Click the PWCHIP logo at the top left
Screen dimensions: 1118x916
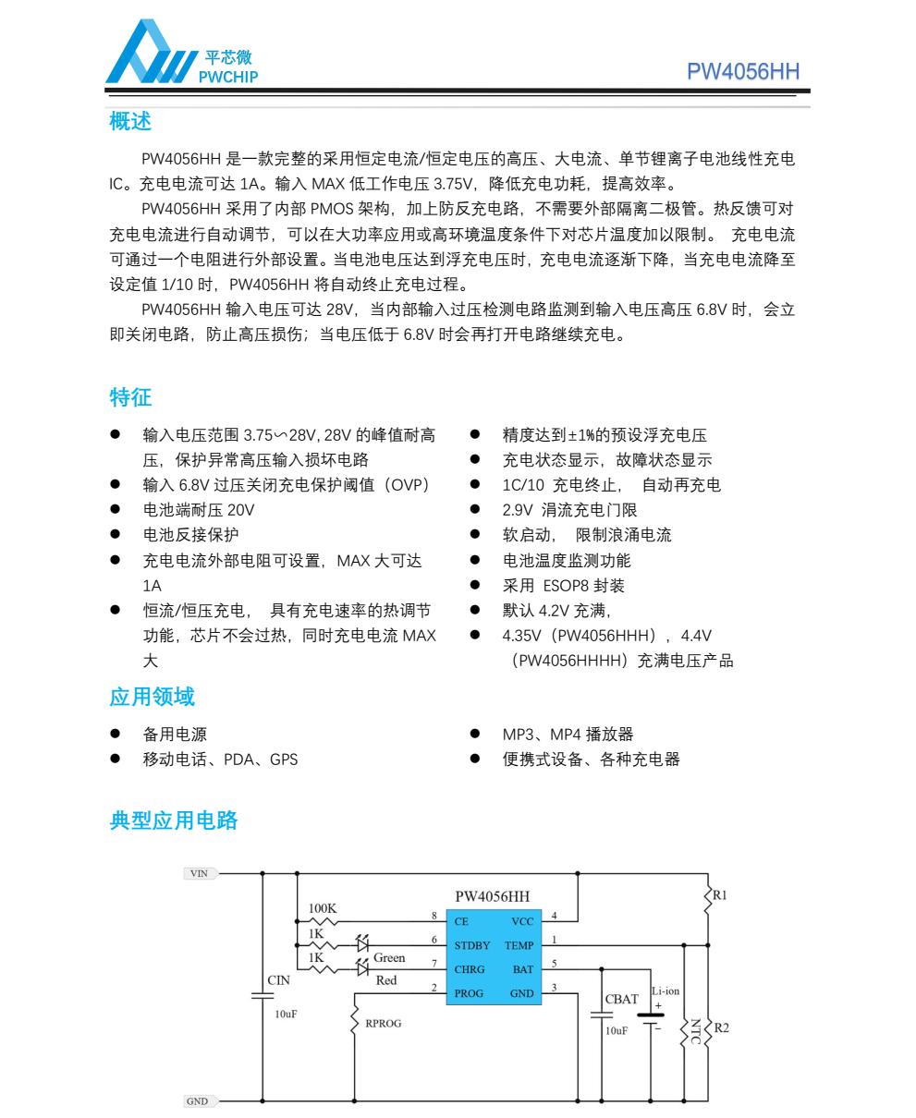181,55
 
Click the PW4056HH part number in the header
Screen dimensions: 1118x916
742,72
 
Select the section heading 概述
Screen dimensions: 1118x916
129,121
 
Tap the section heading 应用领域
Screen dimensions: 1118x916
152,697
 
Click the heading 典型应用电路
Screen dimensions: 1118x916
174,820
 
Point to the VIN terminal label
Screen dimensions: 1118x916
199,873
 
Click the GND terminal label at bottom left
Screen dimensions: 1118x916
198,1101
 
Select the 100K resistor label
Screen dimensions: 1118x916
323,908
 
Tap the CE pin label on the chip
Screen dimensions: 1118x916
461,921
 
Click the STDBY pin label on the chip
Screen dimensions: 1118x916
472,945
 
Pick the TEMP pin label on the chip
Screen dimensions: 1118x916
519,945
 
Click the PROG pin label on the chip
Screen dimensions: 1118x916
469,993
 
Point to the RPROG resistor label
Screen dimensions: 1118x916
384,1024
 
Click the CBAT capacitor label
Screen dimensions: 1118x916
621,999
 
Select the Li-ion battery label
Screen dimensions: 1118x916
666,990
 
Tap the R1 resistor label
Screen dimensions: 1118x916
720,895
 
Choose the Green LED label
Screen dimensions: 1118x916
389,958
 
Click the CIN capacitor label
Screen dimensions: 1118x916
278,979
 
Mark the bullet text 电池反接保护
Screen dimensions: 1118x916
190,535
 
